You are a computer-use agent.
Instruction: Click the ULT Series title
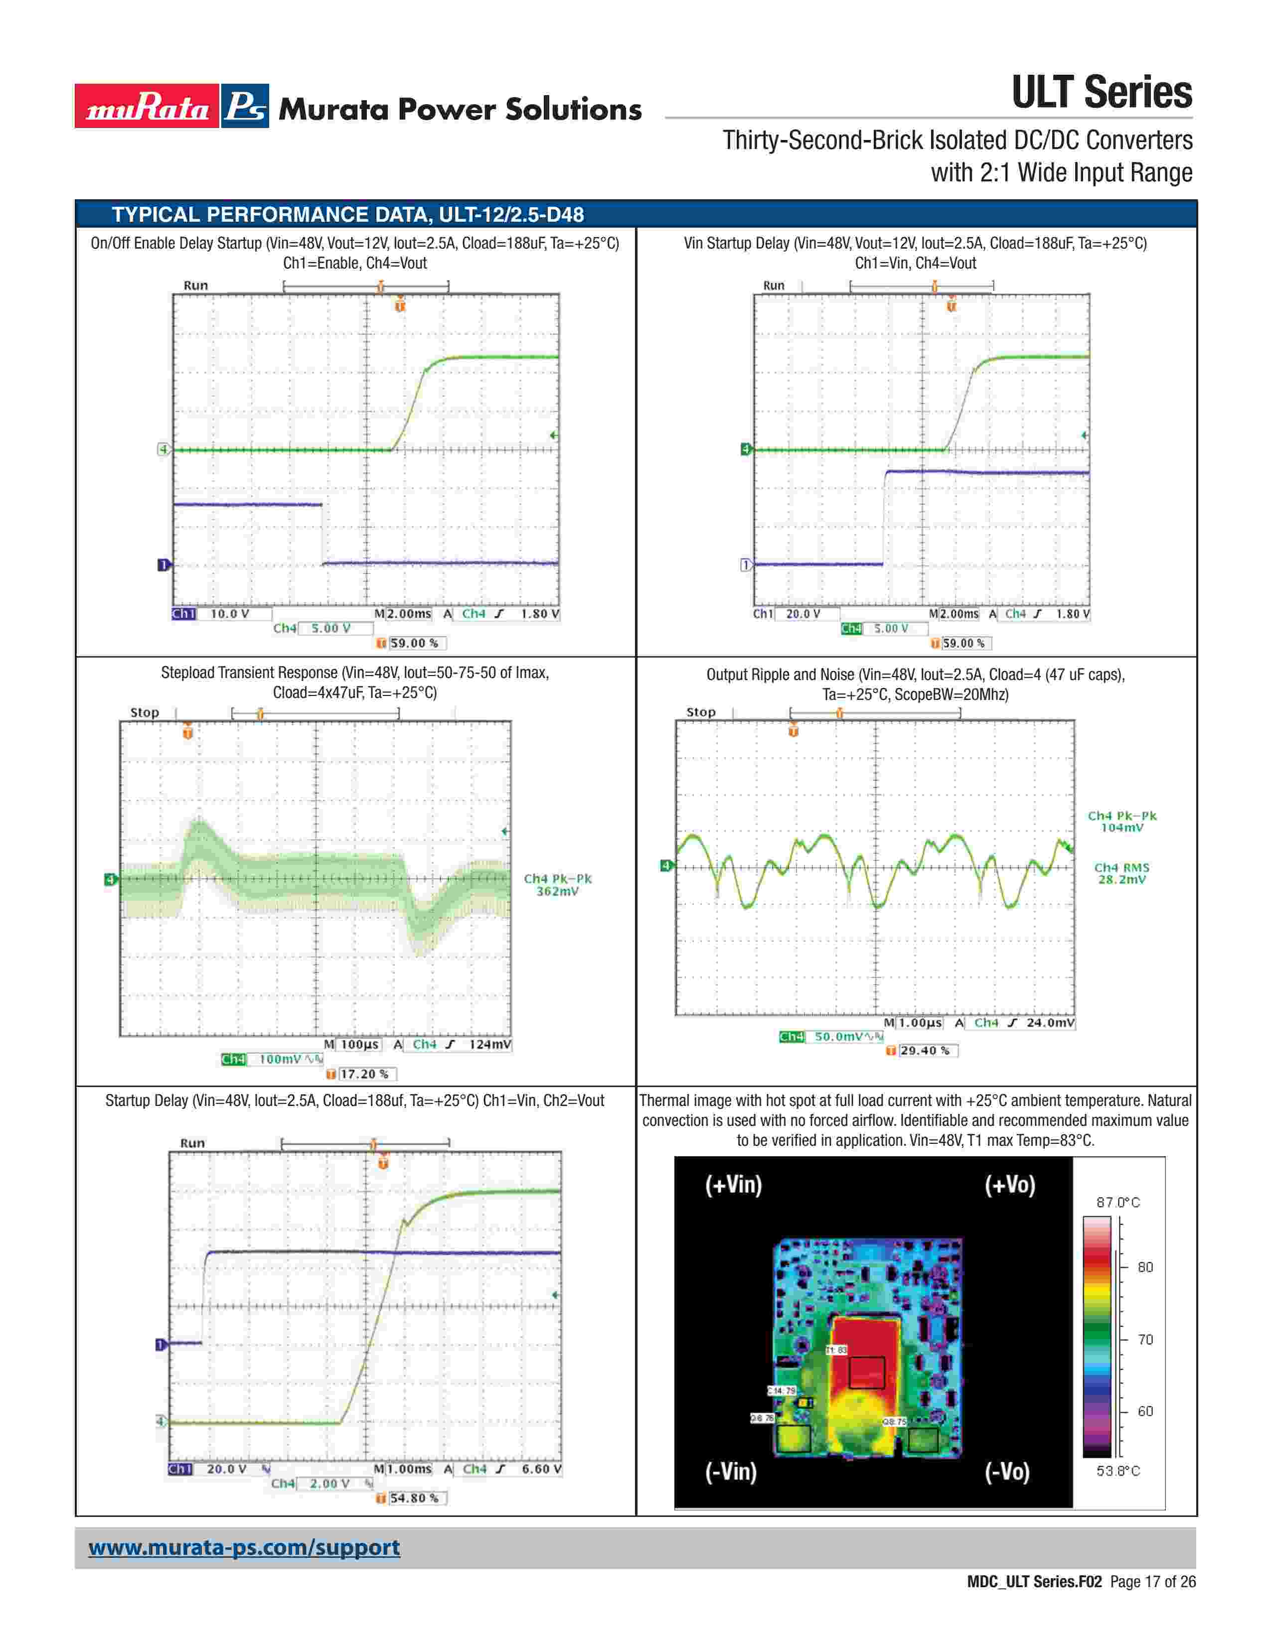click(x=1101, y=93)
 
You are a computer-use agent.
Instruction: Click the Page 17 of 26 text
click(x=1152, y=1582)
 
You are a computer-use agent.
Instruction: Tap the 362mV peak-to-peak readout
click(x=557, y=891)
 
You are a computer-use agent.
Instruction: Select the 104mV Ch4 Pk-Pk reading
click(x=1122, y=828)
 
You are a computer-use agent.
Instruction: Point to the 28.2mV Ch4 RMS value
click(x=1122, y=880)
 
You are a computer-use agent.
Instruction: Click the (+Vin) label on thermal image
click(x=733, y=1185)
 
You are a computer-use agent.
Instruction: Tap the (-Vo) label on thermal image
click(x=1007, y=1471)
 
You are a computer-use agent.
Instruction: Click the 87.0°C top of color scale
click(x=1117, y=1202)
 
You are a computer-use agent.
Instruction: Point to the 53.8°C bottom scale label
click(x=1117, y=1471)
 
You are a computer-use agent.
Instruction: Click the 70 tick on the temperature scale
click(x=1144, y=1339)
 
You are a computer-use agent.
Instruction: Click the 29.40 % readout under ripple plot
click(x=924, y=1051)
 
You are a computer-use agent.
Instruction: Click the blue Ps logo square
click(x=245, y=106)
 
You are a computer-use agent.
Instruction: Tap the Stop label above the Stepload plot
click(x=145, y=712)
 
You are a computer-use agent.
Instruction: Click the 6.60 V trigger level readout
click(x=541, y=1469)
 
